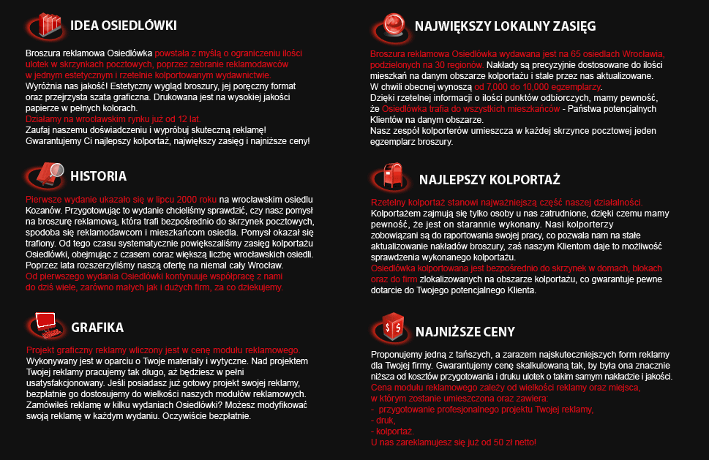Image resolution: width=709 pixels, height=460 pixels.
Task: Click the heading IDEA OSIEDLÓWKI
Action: [x=123, y=26]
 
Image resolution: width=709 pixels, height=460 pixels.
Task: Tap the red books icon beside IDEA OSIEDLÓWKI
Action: [x=50, y=26]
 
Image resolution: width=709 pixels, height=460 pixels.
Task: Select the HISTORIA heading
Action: [x=98, y=176]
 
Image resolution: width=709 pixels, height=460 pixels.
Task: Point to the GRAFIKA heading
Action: [x=97, y=327]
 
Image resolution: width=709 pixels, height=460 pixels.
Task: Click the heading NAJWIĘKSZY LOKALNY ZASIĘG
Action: [x=505, y=26]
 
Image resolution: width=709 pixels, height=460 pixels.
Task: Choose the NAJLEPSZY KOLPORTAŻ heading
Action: [x=489, y=180]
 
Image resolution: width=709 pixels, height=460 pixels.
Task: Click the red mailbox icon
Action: [x=391, y=176]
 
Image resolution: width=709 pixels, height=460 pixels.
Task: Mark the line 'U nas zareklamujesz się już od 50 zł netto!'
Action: [x=454, y=443]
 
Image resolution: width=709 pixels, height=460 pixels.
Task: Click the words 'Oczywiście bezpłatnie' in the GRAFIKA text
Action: [x=206, y=416]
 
